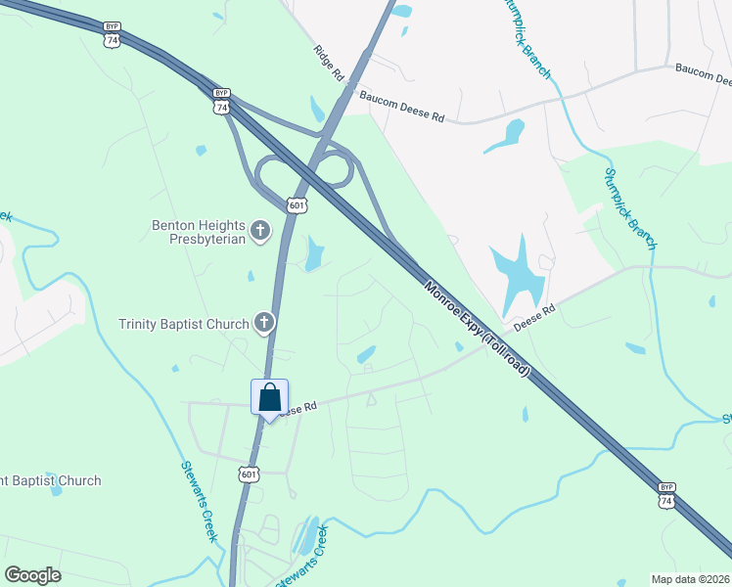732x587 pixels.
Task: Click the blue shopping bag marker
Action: pos(270,398)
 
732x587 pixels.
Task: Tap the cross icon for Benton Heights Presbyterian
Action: pos(259,231)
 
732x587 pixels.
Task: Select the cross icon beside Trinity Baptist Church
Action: pos(263,323)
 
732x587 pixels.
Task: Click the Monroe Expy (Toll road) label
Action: pos(479,329)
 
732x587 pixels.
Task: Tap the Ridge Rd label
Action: pos(331,63)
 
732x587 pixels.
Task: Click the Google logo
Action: pos(32,574)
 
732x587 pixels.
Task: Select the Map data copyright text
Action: pos(690,578)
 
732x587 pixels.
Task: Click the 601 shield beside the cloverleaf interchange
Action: pos(297,204)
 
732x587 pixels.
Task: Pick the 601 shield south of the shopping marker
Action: pos(249,474)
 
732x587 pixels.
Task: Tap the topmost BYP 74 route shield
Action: pos(114,37)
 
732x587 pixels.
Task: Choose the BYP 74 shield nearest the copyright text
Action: pos(666,495)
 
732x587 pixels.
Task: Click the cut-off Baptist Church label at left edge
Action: pos(50,480)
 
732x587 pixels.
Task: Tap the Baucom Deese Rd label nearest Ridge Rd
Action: pos(401,107)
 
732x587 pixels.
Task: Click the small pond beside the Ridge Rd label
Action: pos(316,108)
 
